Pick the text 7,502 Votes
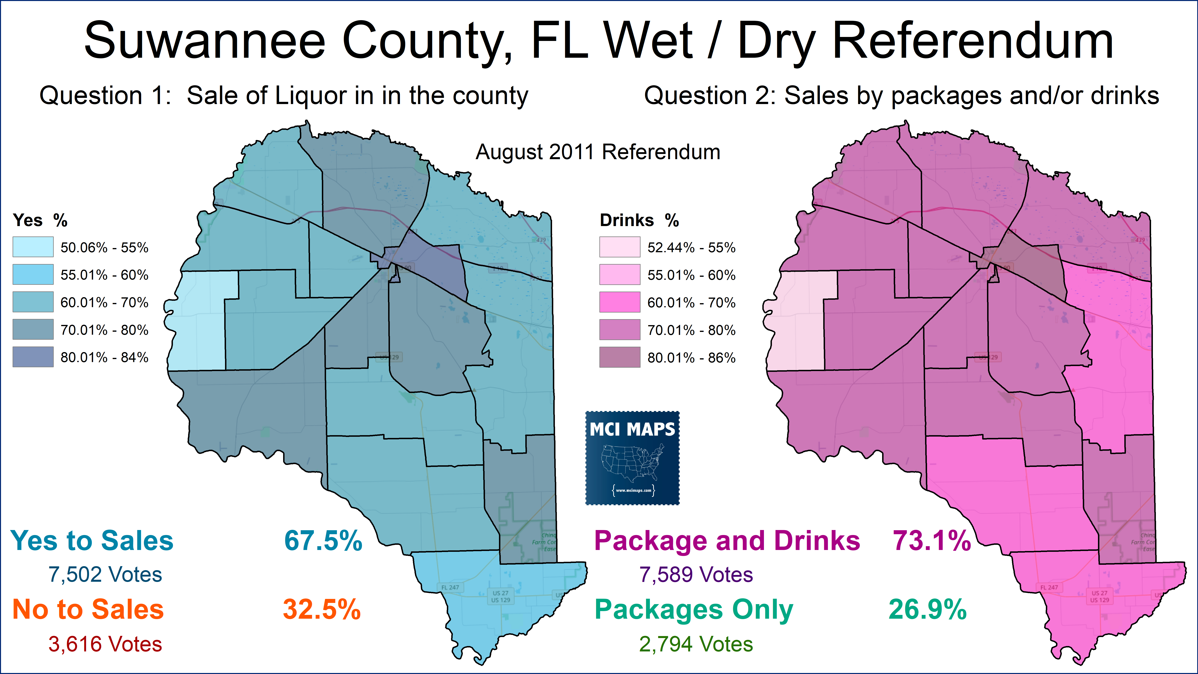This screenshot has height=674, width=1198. coord(105,575)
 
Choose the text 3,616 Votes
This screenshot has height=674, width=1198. coord(105,644)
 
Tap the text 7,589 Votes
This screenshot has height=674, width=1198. coord(696,575)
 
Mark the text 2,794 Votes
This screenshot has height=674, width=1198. coord(696,644)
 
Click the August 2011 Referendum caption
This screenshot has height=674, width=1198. coord(598,152)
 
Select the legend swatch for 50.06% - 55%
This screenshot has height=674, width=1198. coord(33,247)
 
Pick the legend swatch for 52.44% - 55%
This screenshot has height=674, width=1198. coord(619,247)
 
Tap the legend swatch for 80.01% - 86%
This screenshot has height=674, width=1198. coord(619,357)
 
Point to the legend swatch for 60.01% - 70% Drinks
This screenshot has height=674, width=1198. coord(619,302)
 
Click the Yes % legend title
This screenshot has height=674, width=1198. coord(40,220)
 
